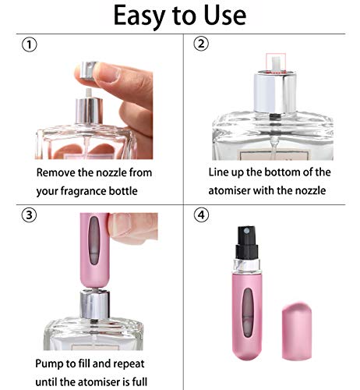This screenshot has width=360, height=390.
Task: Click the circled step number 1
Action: [x=28, y=46]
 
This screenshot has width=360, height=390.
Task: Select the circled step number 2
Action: [x=201, y=44]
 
